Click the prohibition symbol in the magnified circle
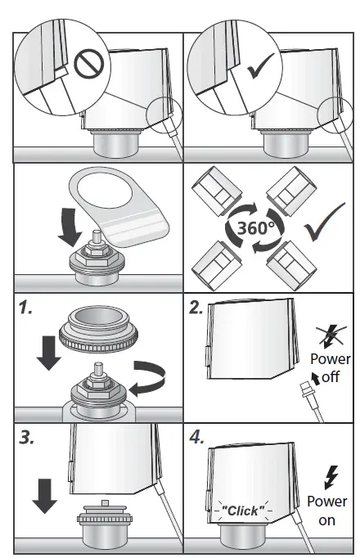(89, 65)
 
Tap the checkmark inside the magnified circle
(260, 65)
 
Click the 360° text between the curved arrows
(256, 227)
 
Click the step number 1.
(25, 307)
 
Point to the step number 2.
(196, 307)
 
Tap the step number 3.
(27, 437)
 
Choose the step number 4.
(196, 437)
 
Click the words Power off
(331, 367)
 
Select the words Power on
(327, 511)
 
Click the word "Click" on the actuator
(243, 511)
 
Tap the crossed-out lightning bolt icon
(331, 336)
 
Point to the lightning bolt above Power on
(331, 478)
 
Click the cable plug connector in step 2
(306, 390)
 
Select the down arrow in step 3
(44, 496)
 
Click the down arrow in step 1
(49, 353)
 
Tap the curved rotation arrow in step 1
(150, 379)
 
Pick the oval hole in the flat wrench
(105, 191)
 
